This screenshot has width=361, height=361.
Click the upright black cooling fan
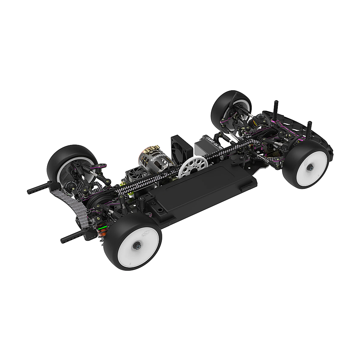(182, 147)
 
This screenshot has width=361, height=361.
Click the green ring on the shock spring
(102, 229)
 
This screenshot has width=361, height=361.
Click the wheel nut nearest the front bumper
(310, 169)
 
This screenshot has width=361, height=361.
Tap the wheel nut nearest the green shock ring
(137, 246)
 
